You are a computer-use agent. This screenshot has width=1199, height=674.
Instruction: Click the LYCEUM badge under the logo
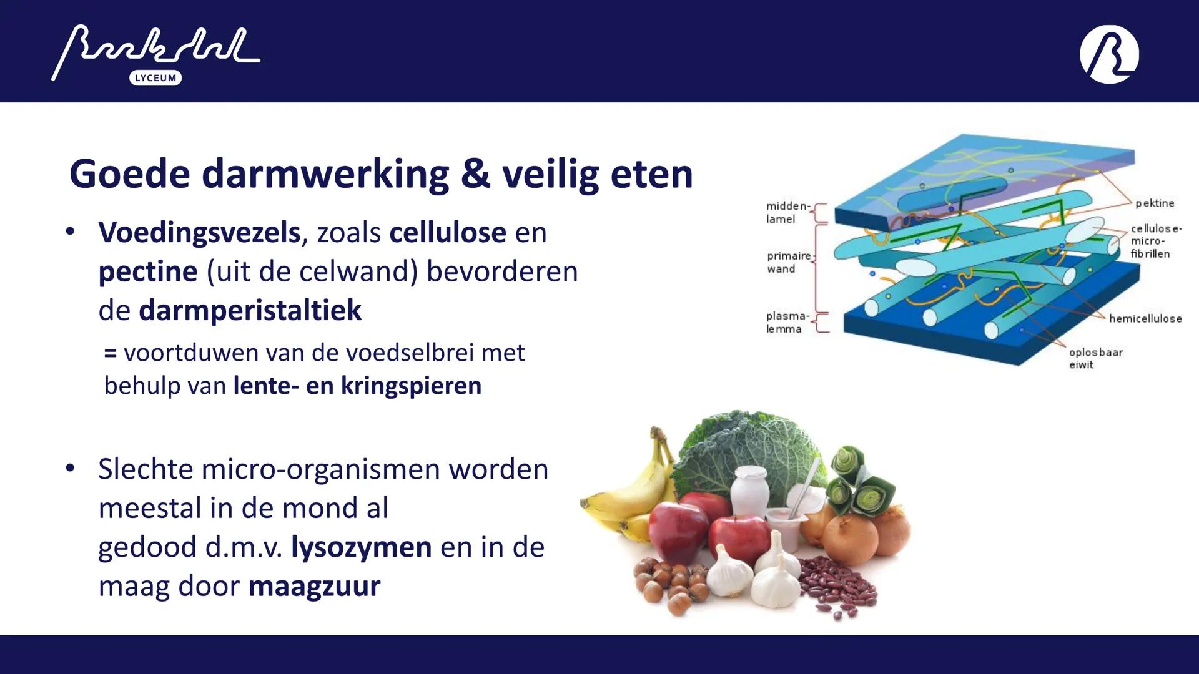[x=155, y=78]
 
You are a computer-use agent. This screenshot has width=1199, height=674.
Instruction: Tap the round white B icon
[x=1109, y=54]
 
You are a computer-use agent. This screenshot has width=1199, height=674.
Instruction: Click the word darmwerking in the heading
[x=325, y=174]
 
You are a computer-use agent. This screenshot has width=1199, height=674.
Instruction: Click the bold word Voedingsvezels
[x=199, y=233]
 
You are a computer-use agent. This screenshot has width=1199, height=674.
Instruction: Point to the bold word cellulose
[x=447, y=233]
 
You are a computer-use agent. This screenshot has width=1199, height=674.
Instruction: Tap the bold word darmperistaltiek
[x=250, y=310]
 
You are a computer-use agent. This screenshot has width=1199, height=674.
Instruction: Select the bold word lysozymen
[x=361, y=547]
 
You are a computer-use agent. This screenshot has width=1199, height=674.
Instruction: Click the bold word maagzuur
[x=314, y=587]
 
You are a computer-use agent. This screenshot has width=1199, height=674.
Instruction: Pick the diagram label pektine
[x=1154, y=203]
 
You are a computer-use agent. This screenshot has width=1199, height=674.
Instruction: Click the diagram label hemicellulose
[x=1145, y=319]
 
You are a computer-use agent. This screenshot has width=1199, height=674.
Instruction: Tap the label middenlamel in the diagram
[x=787, y=212]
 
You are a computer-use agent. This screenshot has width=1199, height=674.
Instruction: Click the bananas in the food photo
[x=631, y=493]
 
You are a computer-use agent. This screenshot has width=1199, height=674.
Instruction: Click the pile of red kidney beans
[x=837, y=587]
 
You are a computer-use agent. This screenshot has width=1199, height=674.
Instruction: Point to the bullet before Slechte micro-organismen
[x=70, y=468]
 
